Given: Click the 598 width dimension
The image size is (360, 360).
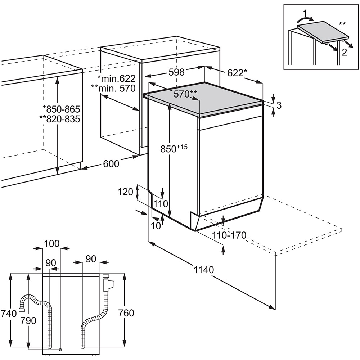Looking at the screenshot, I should coord(176,72).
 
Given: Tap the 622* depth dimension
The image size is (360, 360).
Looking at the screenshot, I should coord(237,73).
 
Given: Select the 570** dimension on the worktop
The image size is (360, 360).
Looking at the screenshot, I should coord(185,94).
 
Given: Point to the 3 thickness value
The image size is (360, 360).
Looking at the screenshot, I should coord(279,105).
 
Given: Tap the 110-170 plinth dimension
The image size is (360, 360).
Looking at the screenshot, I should coord(229,236).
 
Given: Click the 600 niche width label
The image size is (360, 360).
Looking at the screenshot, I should coord(111,163).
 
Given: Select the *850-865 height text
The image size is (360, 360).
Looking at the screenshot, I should coord(61,109).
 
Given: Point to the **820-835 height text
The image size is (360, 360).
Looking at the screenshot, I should coord(61,119).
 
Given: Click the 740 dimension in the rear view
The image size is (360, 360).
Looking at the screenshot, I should coord(9,313).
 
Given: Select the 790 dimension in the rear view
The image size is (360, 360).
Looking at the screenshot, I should coord(28,320).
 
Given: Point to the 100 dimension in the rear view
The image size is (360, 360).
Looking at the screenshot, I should coord(51,244).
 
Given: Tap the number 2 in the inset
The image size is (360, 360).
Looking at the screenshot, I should coord(345,52).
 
